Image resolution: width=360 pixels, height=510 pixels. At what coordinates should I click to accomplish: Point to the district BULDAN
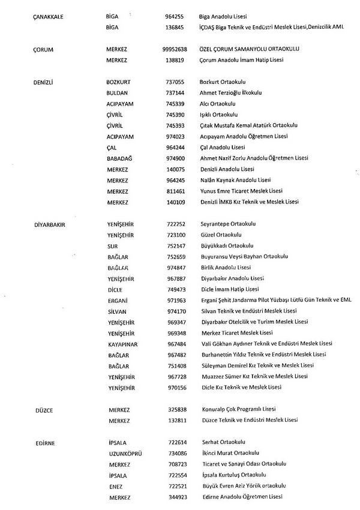click(117, 93)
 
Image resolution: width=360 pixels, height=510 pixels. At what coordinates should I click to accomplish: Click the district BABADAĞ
click(119, 158)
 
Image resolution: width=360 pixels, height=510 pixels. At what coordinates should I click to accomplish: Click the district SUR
click(112, 245)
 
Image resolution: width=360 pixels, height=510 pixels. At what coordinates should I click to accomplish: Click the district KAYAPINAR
click(122, 344)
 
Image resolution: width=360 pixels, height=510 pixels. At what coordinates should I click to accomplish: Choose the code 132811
click(176, 421)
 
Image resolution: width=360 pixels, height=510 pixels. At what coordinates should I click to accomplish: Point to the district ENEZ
click(115, 486)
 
